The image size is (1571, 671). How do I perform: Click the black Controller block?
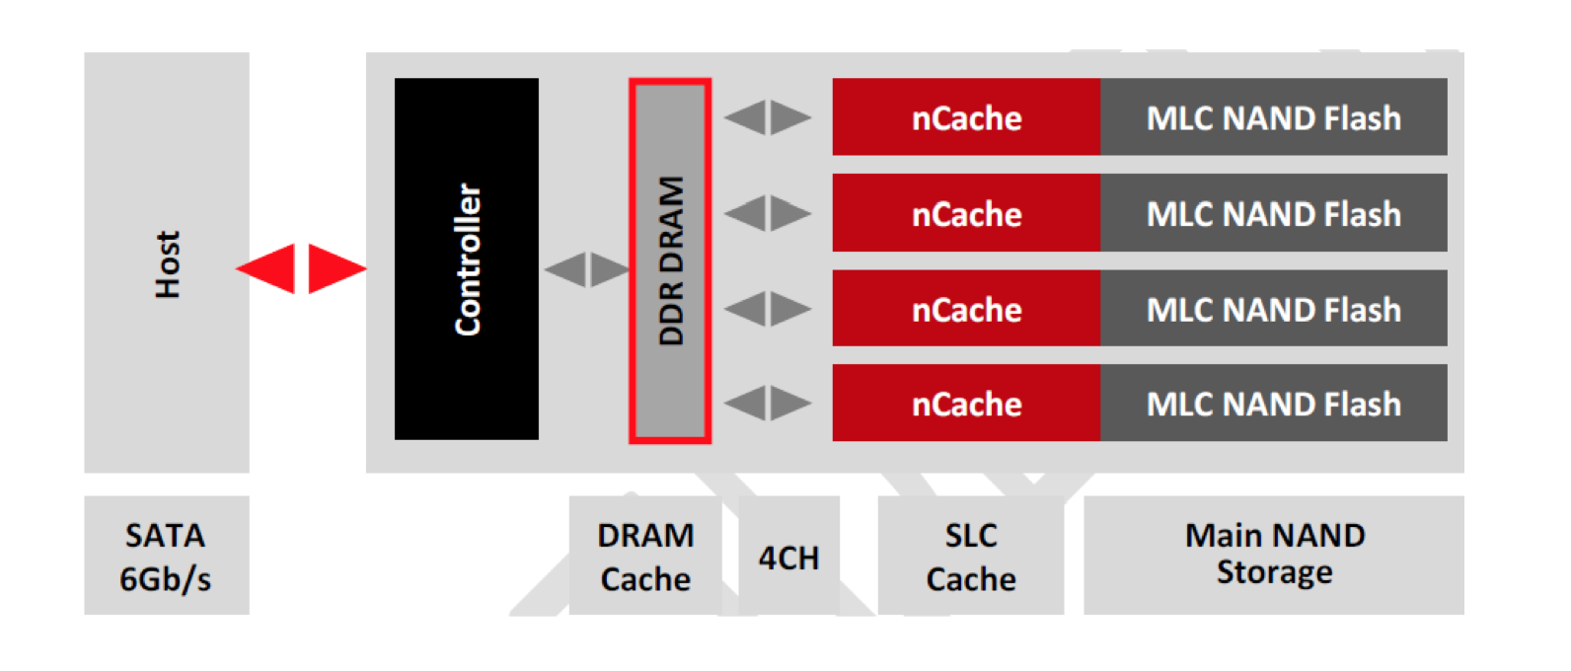466,259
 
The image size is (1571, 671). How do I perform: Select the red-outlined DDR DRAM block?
670,261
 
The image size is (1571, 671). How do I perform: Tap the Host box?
166,262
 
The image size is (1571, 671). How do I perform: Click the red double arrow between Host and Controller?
301,268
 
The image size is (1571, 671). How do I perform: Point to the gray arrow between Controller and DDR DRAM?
587,268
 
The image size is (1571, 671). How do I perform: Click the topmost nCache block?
966,117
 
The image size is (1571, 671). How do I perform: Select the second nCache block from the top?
966,213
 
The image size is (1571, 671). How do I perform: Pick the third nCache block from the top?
966,309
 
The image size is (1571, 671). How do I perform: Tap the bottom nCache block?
966,403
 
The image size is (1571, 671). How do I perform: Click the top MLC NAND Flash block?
1273,117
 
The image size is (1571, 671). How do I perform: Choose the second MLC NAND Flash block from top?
1273,213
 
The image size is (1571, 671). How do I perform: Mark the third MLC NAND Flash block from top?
1273,309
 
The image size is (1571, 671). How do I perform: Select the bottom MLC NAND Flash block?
1273,403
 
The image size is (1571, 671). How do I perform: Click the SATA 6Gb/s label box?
166,556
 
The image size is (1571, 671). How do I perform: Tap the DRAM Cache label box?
645,556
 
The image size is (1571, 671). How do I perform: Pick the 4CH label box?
788,557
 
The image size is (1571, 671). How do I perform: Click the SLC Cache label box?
971,556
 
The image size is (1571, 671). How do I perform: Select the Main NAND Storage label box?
1274,555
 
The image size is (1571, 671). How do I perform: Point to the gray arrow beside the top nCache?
768,117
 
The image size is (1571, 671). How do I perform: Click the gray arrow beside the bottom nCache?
768,403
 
